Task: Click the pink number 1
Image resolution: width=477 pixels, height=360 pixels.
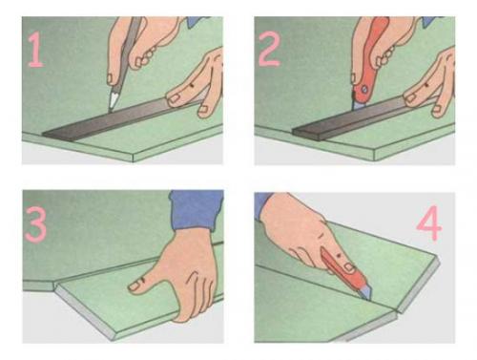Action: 35,50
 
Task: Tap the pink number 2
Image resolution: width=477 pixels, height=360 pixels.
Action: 269,50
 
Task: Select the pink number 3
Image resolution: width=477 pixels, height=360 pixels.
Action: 35,224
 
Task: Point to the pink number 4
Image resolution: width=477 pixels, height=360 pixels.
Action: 429,223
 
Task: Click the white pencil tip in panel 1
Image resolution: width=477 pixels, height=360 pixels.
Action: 113,98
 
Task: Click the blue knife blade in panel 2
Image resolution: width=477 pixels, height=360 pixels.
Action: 359,104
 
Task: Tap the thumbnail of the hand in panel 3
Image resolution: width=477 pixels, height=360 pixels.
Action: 135,286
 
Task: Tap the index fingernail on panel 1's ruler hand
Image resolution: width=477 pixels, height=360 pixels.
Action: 174,98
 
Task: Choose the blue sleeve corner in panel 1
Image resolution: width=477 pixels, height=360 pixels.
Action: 198,22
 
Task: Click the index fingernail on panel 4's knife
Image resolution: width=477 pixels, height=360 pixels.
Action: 350,266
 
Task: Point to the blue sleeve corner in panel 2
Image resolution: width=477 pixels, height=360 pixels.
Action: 432,21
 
